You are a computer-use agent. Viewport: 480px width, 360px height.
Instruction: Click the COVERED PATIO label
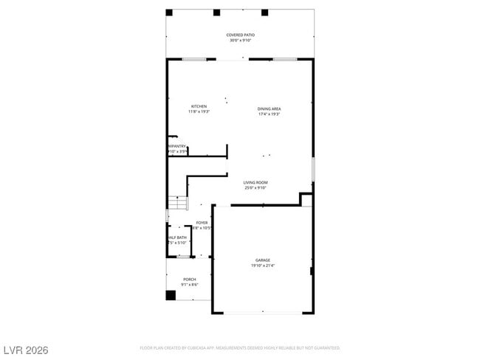point(240,35)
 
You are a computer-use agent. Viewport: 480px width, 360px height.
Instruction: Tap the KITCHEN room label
point(199,106)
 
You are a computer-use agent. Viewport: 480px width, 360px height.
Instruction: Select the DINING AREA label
point(269,108)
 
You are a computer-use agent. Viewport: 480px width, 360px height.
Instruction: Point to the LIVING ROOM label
point(256,182)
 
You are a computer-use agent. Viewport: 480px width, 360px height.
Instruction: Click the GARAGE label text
point(263,260)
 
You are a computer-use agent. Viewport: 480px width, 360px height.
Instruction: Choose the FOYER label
point(202,222)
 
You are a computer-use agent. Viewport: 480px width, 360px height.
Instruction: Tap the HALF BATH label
point(176,238)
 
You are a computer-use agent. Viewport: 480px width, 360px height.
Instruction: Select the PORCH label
point(190,280)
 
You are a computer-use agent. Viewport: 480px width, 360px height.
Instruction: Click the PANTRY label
point(177,146)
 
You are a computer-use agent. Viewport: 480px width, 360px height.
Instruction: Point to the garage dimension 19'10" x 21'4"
point(263,266)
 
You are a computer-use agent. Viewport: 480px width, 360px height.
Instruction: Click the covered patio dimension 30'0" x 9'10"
point(240,41)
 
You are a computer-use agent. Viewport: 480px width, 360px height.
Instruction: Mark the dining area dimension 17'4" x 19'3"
point(269,114)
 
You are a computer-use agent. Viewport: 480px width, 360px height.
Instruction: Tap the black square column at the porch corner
point(171,295)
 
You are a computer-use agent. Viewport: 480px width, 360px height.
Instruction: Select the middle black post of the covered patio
point(216,13)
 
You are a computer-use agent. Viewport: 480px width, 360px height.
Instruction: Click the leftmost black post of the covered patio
point(169,13)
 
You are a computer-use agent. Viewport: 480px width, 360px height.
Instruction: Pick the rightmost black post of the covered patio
point(264,13)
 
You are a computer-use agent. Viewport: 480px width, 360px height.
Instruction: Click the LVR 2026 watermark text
point(25,349)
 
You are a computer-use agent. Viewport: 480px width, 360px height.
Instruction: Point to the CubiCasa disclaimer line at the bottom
point(239,347)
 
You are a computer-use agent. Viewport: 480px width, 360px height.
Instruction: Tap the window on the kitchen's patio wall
point(194,59)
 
